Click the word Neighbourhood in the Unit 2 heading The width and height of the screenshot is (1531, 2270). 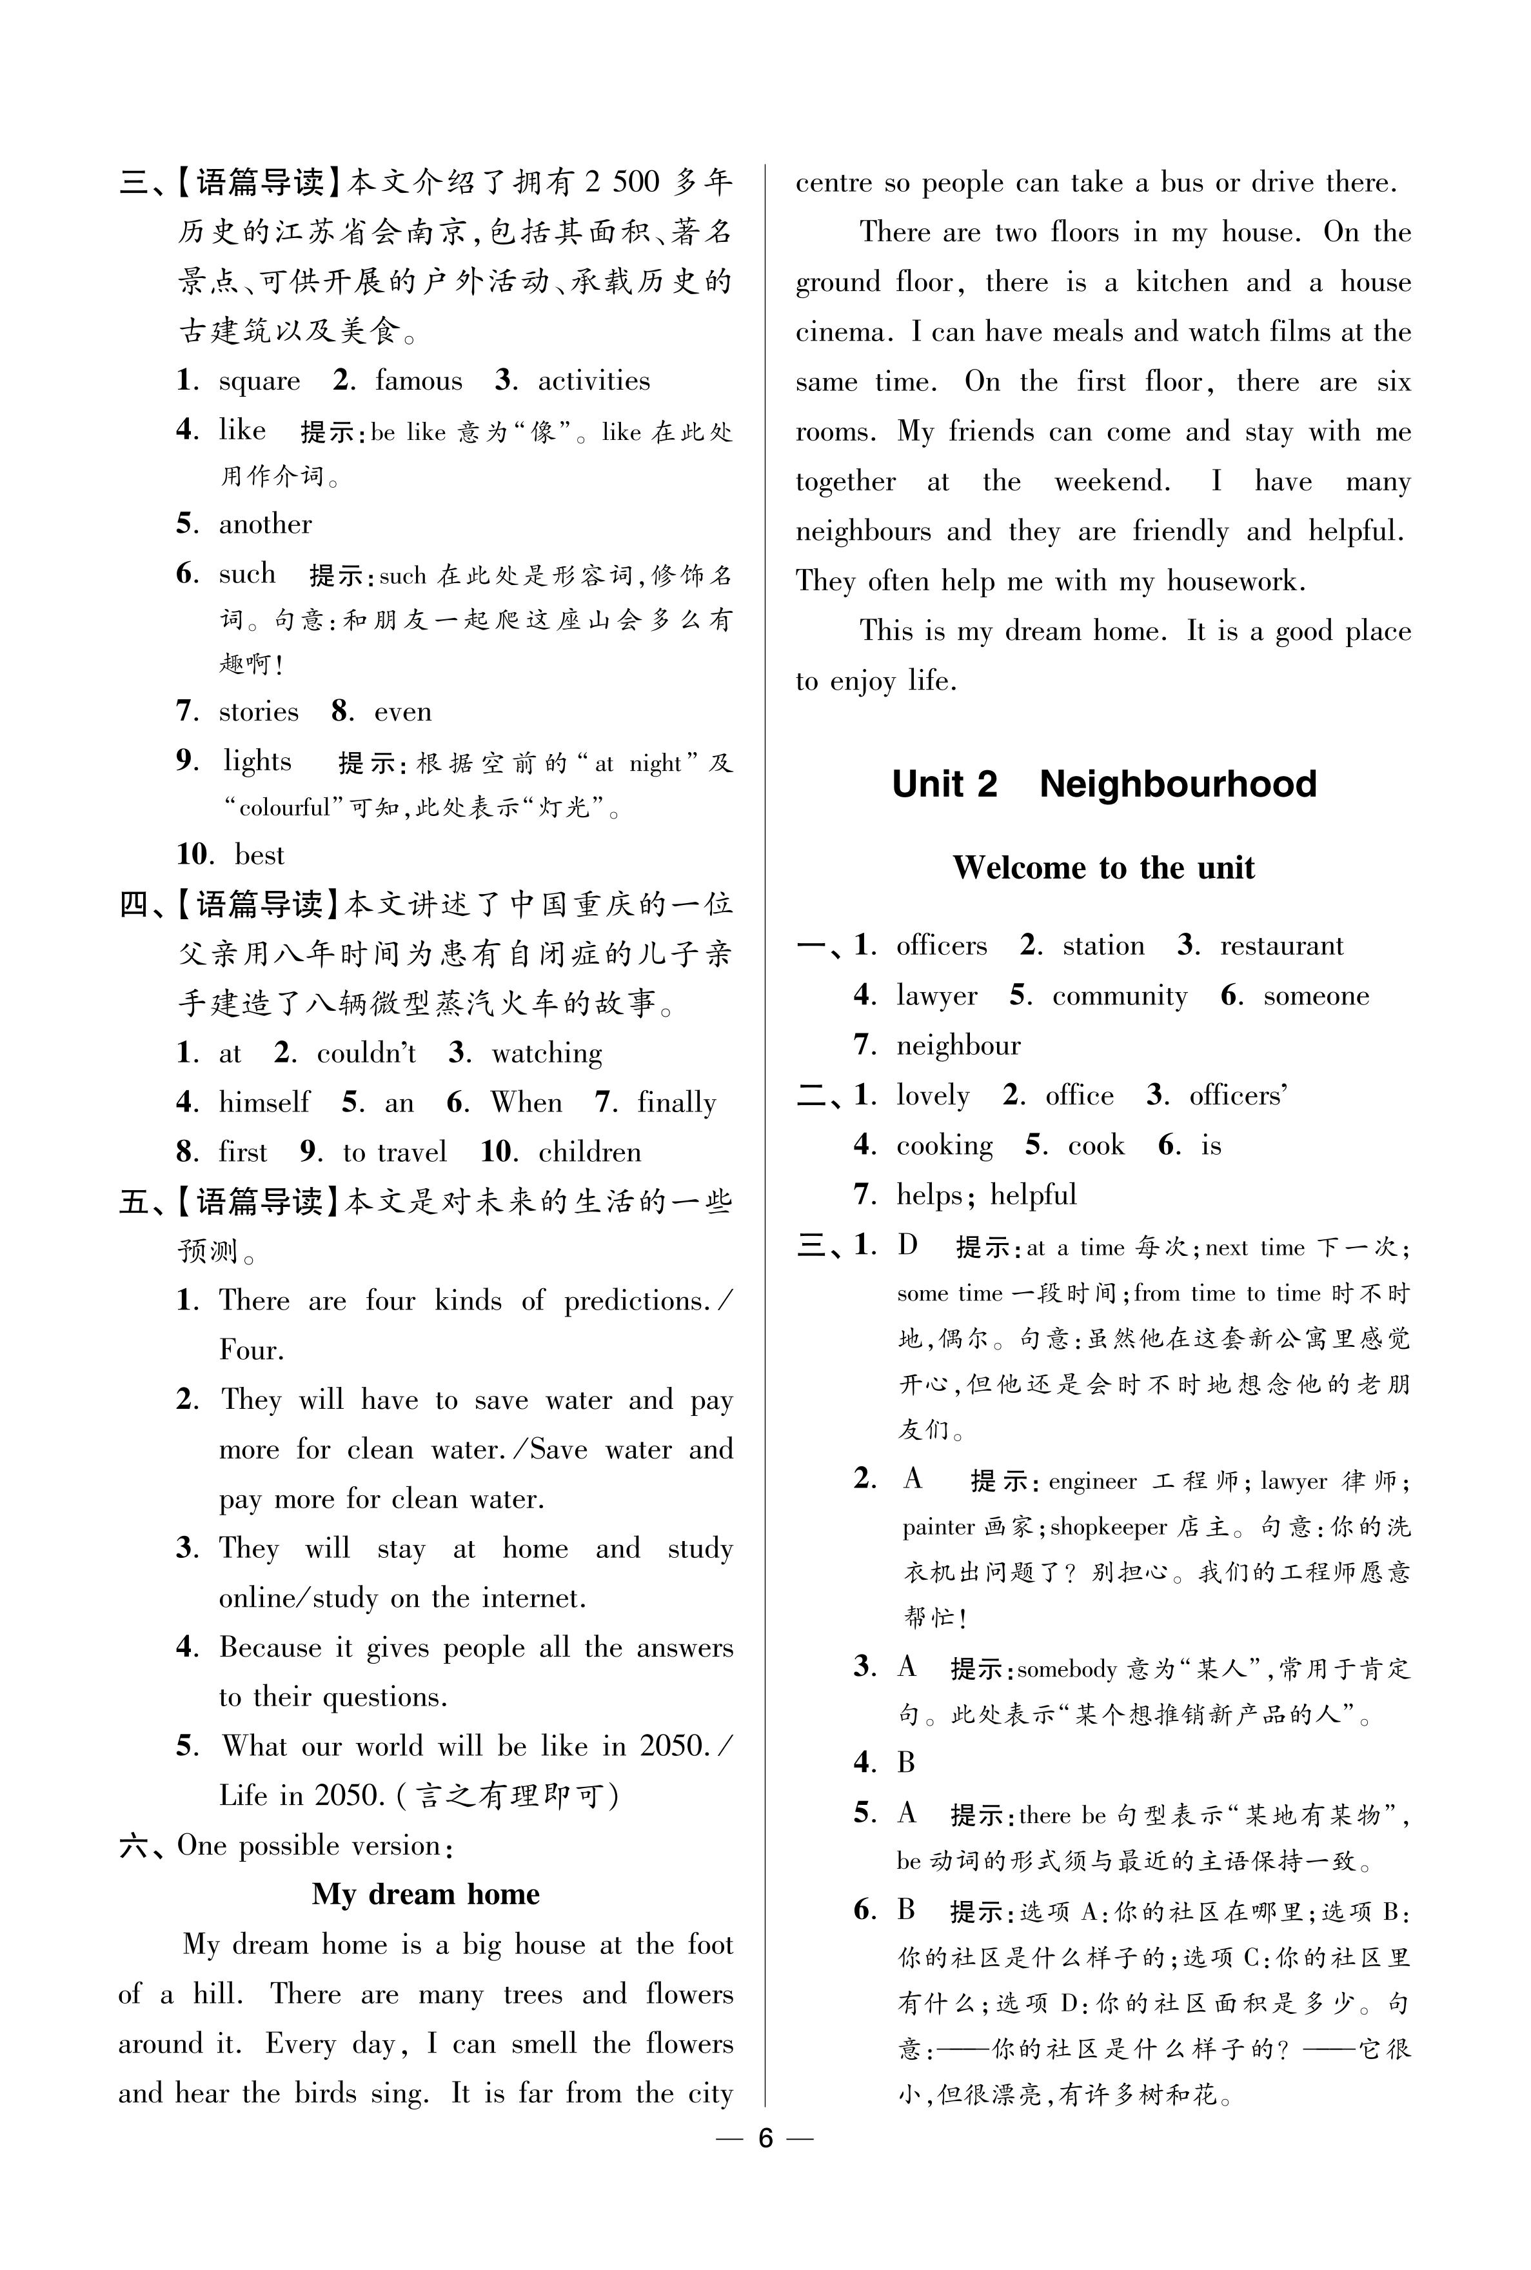pos(1178,784)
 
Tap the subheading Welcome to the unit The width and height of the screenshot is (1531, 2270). pos(1103,867)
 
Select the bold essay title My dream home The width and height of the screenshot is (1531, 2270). pos(425,1894)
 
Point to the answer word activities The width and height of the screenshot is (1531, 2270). pos(594,381)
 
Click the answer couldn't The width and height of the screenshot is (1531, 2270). pos(366,1053)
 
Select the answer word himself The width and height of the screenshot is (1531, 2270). pos(264,1102)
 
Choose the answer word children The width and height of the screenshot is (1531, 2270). pos(589,1152)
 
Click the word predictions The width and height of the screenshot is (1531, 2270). pos(636,1302)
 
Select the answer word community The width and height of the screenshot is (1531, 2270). pos(1120,996)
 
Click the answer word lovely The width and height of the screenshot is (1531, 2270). pos(933,1095)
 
